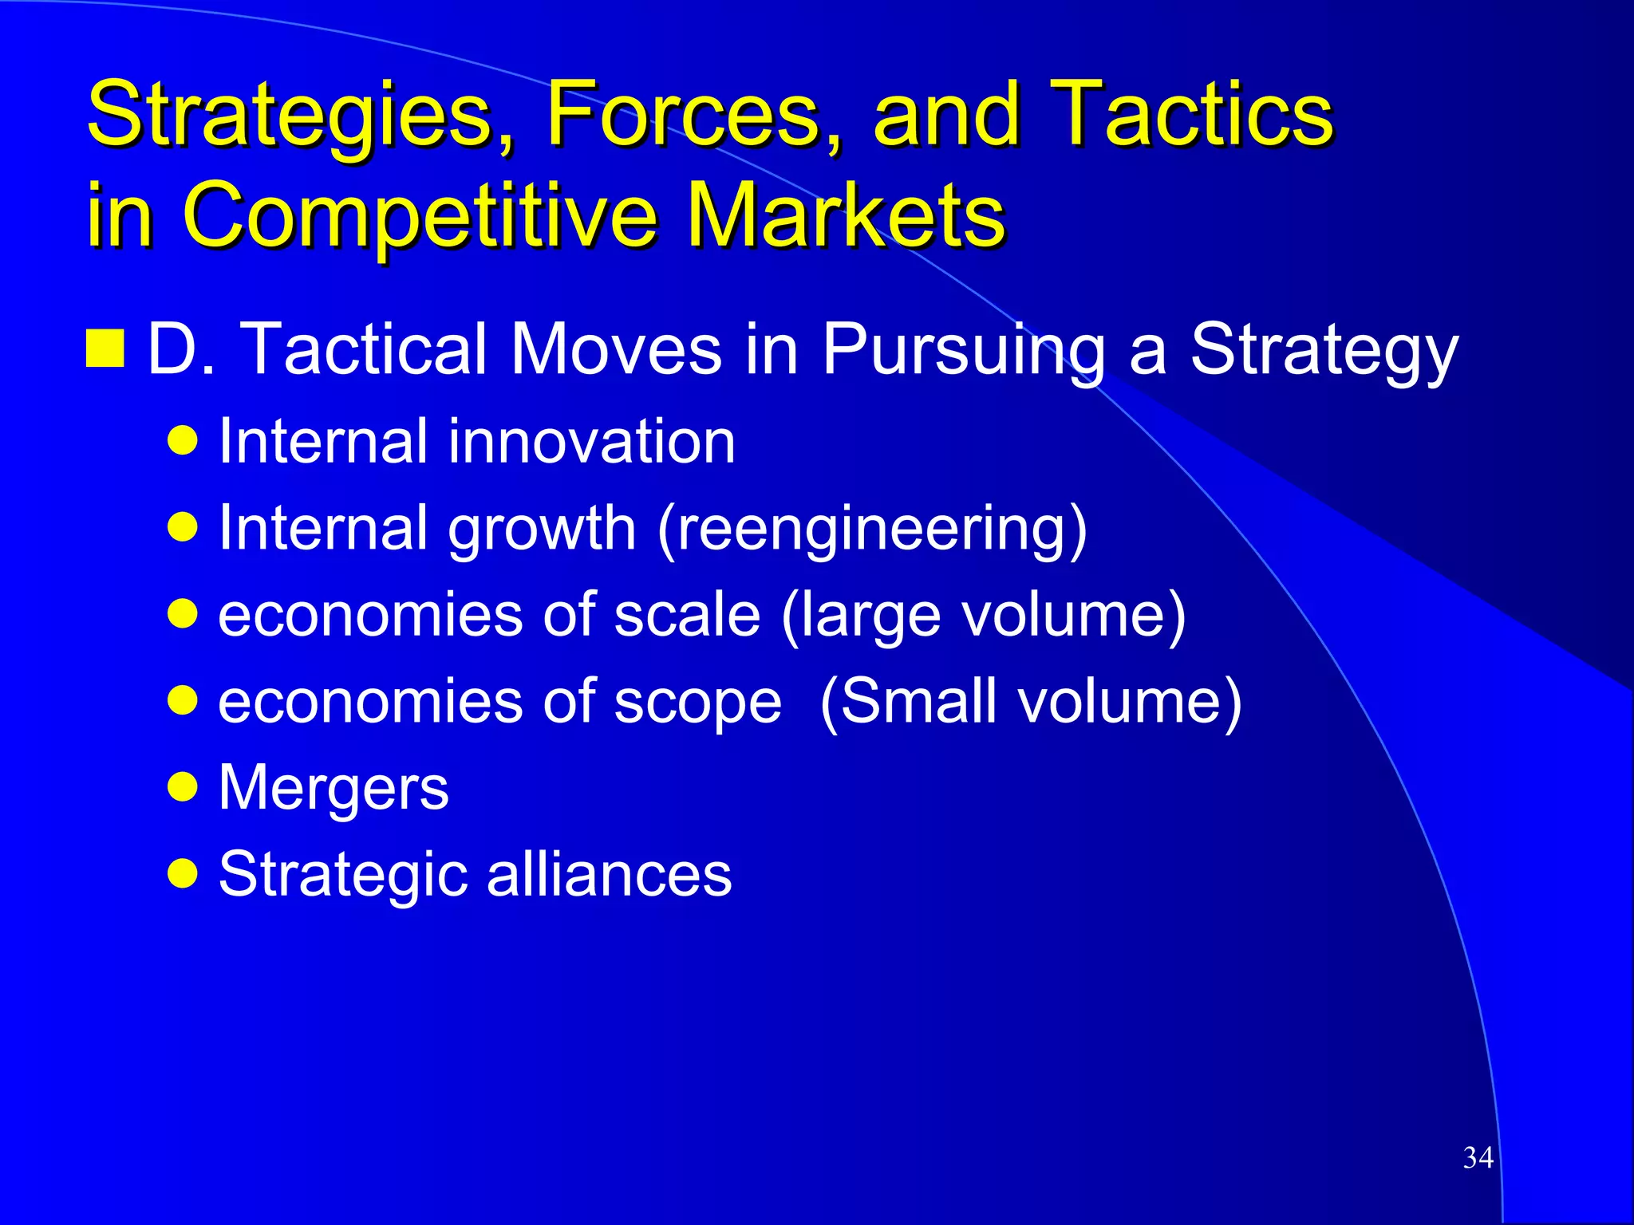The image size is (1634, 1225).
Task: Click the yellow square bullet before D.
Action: [105, 349]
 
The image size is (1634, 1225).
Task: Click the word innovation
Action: [590, 442]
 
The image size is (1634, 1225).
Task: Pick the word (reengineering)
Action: [872, 530]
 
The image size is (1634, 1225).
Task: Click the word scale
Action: [687, 616]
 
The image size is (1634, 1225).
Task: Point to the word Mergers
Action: [334, 788]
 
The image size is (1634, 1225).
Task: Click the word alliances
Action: [609, 874]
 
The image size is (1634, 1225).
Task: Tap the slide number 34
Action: [1478, 1157]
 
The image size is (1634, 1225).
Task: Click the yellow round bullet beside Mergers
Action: [184, 786]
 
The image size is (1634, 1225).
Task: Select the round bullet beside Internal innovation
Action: [184, 440]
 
